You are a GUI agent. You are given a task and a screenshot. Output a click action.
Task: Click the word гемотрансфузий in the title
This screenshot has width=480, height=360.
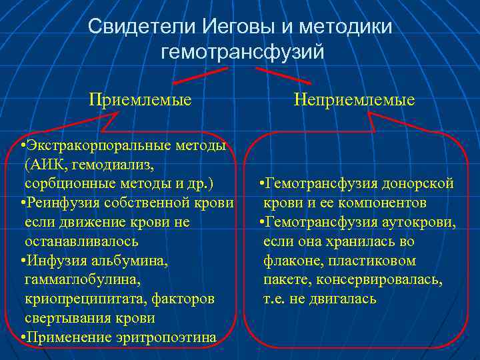[241, 51]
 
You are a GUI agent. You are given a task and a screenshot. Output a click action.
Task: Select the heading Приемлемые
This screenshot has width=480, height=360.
[141, 100]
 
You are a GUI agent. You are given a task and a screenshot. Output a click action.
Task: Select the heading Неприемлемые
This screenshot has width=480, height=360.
[354, 100]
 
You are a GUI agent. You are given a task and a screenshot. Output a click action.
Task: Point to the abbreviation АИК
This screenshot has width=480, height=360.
[45, 163]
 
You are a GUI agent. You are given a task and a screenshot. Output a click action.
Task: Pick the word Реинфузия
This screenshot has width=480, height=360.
[58, 202]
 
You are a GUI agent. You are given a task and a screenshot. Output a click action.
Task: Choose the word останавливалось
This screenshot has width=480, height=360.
[81, 241]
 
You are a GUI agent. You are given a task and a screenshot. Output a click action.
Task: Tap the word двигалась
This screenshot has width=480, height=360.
[343, 299]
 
